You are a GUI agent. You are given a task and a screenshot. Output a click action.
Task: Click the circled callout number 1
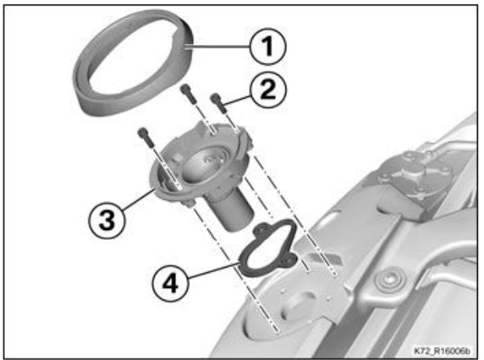pyautogui.click(x=267, y=46)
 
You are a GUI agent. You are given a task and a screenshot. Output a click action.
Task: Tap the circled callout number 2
pyautogui.click(x=268, y=90)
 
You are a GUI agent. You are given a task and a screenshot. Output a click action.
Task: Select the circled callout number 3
pyautogui.click(x=107, y=221)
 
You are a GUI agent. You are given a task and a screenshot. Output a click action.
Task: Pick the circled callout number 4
pyautogui.click(x=170, y=283)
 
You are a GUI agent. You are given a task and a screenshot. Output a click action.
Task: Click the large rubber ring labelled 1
pyautogui.click(x=84, y=92)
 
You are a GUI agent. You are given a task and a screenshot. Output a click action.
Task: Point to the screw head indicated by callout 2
pyautogui.click(x=215, y=99)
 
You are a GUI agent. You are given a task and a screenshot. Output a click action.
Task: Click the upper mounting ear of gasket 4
pyautogui.click(x=262, y=229)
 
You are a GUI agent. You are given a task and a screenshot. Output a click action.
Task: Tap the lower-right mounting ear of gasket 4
pyautogui.click(x=288, y=260)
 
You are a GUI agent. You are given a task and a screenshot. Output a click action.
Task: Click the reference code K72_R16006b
pyautogui.click(x=442, y=351)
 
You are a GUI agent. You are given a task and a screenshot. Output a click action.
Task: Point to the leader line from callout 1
pyautogui.click(x=217, y=47)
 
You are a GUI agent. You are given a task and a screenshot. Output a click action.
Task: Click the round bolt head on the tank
pyautogui.click(x=389, y=281)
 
